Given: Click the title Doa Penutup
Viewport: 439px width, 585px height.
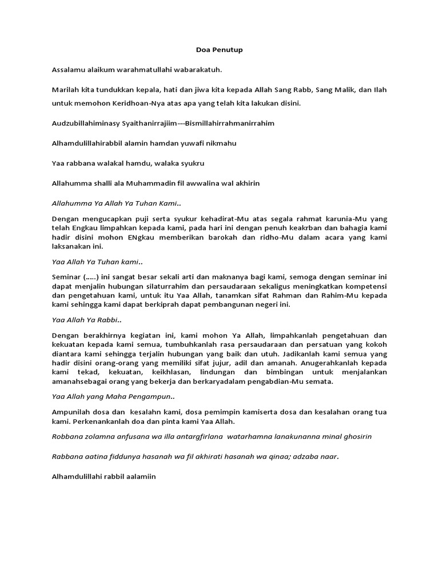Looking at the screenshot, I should (x=219, y=50).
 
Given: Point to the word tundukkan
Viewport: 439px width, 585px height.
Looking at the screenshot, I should (x=113, y=90).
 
